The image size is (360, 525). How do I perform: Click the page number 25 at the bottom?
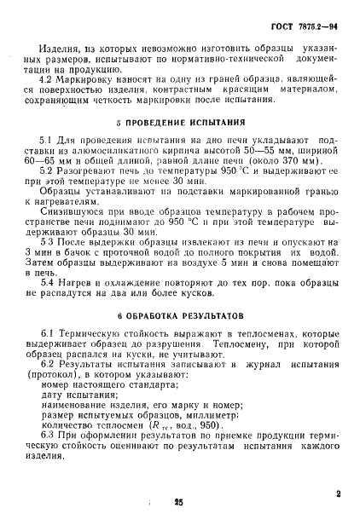tap(179, 505)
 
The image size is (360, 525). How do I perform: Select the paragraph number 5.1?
tap(48, 138)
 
